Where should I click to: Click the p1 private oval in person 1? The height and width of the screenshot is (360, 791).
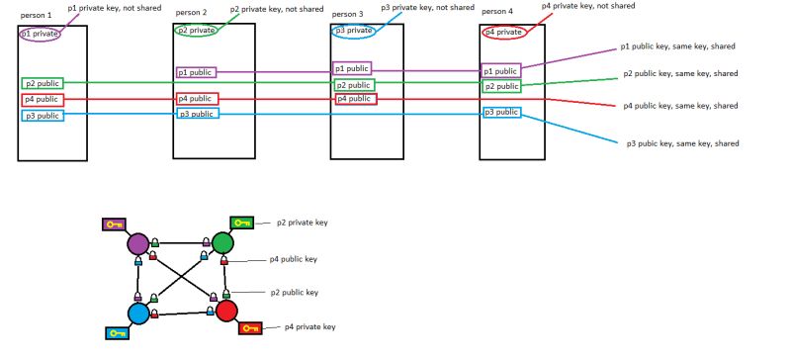tap(40, 34)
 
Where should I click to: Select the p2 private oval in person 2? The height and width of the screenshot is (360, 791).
tap(195, 31)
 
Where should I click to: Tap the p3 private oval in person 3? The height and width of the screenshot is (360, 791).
tap(353, 31)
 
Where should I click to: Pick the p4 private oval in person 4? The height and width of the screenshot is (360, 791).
tap(503, 32)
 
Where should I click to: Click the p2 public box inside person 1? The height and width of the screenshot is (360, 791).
tap(43, 84)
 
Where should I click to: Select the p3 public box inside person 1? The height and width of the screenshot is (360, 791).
tap(43, 116)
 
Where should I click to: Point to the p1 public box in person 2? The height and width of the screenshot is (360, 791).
tap(196, 72)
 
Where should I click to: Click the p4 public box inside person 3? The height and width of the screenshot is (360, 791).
tap(355, 99)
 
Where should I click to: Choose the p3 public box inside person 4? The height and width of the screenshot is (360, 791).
tap(501, 113)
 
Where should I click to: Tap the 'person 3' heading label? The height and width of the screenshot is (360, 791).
tap(347, 15)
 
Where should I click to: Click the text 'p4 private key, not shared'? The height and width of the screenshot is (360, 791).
tap(587, 6)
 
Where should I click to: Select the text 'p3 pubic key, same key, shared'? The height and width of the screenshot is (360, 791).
tap(682, 143)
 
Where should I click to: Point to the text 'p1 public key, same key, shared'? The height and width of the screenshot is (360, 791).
tap(677, 46)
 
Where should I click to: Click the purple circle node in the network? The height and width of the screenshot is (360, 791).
tap(137, 243)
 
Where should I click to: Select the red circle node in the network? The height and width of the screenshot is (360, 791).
tap(226, 312)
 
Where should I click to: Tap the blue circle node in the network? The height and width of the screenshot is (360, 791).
tap(138, 313)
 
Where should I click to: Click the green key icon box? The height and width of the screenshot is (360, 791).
tap(241, 223)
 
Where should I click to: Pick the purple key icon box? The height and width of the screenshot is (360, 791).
tap(115, 224)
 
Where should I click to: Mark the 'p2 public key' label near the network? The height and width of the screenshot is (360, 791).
tap(297, 293)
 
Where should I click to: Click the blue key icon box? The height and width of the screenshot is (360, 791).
tap(118, 333)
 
